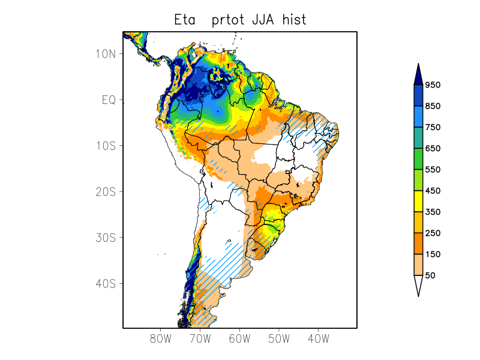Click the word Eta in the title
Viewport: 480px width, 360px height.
[x=185, y=20]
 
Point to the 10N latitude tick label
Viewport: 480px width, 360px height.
[x=106, y=54]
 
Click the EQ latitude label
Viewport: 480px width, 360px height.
[x=109, y=100]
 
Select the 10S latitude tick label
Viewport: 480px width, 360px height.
[x=106, y=146]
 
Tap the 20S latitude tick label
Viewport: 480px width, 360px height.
[x=106, y=191]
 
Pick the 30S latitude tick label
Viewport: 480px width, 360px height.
[x=106, y=238]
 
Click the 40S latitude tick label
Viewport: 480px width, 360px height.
[x=106, y=283]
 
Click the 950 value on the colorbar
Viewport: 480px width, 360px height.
[x=433, y=85]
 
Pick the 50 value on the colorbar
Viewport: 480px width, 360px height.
[x=430, y=275]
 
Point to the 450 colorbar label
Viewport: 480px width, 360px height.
[x=433, y=191]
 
